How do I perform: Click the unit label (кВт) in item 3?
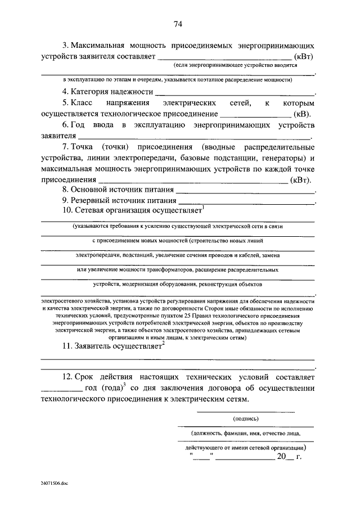click(304, 57)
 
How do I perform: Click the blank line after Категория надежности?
click(235, 93)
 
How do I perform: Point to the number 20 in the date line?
click(281, 458)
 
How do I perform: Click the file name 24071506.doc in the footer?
click(54, 483)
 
